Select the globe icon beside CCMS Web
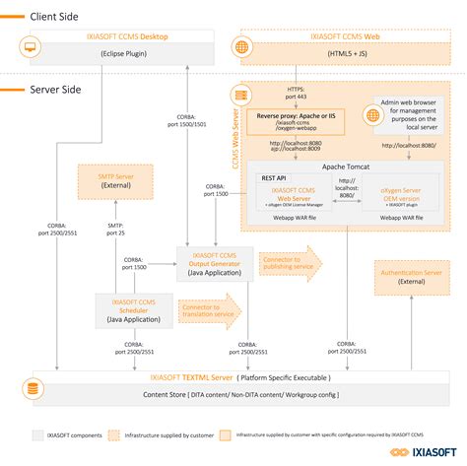243,45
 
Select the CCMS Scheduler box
134,309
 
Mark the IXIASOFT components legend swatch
37,433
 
